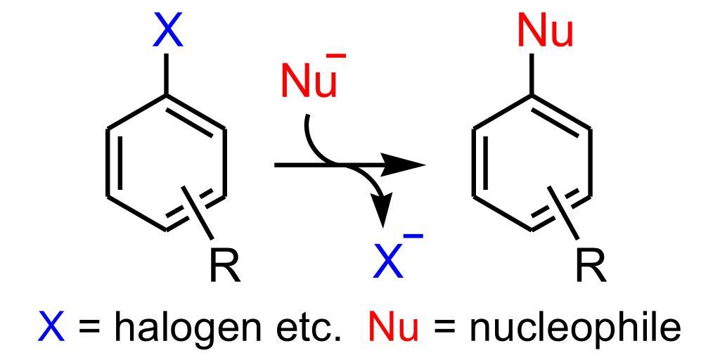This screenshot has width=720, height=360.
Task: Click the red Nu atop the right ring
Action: [545, 32]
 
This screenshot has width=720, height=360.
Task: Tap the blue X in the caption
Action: [51, 327]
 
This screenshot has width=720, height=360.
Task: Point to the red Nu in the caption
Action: [394, 327]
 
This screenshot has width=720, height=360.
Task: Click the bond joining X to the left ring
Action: [167, 74]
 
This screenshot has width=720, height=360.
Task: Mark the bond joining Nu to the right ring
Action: [532, 74]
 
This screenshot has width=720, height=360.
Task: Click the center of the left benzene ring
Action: [167, 163]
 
